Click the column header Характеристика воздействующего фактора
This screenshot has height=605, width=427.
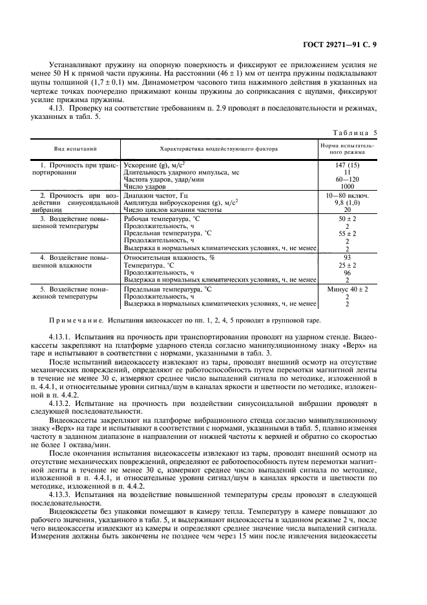[x=219, y=149]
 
